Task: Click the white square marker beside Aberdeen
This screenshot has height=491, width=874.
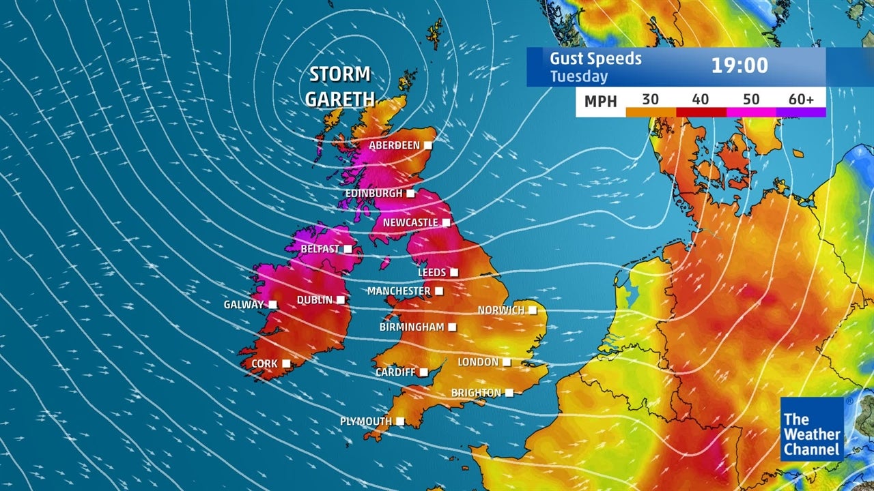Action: click(x=428, y=145)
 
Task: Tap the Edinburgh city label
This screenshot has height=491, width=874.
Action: click(x=373, y=194)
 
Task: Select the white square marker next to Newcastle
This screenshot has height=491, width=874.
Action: click(x=446, y=223)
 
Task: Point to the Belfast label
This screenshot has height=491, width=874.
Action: click(x=320, y=250)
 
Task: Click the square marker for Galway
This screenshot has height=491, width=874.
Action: click(x=272, y=305)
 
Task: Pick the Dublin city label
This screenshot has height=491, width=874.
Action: click(x=314, y=300)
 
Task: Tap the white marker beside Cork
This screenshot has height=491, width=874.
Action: click(x=285, y=364)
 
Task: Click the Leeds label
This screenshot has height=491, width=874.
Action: click(x=432, y=273)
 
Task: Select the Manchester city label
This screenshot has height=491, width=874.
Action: click(x=399, y=291)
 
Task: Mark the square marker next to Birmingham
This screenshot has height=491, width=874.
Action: click(x=452, y=327)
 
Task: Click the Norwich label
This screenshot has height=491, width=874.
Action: click(x=501, y=310)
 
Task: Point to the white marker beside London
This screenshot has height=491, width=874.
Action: click(x=507, y=362)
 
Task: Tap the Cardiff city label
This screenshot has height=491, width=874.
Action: click(x=395, y=372)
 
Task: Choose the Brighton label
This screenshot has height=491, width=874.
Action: click(x=476, y=393)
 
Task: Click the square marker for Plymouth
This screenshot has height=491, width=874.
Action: click(x=399, y=422)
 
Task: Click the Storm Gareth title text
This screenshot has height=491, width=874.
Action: click(x=340, y=87)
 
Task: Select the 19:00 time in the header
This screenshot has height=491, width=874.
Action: click(x=739, y=66)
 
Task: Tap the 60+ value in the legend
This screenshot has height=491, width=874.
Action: click(x=801, y=100)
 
